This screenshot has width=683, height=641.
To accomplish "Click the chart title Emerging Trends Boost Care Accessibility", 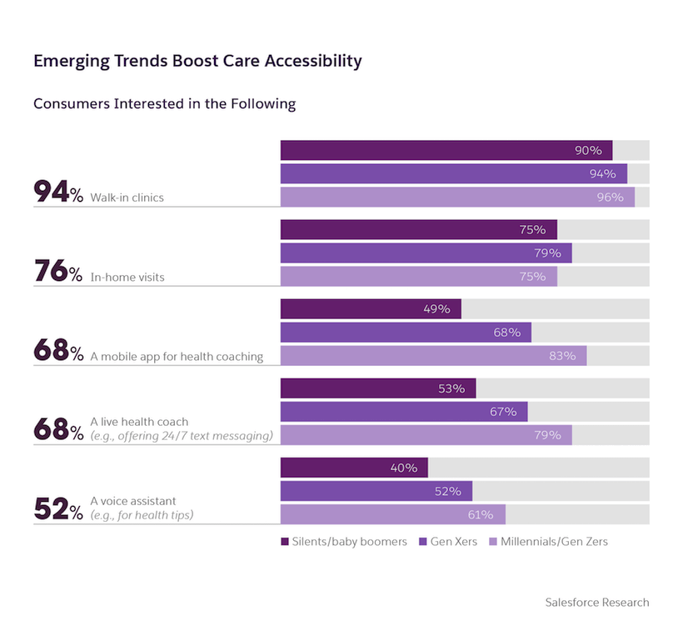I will [x=197, y=61].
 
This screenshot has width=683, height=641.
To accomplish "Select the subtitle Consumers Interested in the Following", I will [x=164, y=104].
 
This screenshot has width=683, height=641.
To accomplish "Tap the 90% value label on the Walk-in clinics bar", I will [x=588, y=150].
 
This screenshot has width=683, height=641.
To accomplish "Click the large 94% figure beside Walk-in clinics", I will [x=58, y=193].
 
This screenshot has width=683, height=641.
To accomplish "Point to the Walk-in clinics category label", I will [x=127, y=198].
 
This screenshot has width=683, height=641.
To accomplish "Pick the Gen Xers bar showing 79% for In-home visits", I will [x=426, y=253].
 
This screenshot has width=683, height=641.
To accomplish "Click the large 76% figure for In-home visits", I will [x=58, y=272].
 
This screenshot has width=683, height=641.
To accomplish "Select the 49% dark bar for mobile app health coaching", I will [x=370, y=308].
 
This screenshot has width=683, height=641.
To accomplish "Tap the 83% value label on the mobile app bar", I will [x=562, y=356].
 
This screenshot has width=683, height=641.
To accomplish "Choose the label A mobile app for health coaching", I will [x=177, y=357].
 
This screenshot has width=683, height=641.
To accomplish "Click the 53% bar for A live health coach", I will [x=377, y=388].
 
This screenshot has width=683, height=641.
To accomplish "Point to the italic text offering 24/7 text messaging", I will [x=182, y=436].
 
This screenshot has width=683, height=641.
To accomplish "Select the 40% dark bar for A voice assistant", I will [x=353, y=468].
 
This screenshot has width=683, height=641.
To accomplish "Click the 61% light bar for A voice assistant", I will [x=392, y=514].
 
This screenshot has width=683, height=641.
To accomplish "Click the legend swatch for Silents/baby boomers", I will [x=285, y=542].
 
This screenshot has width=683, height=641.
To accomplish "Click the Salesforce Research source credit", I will [x=596, y=602].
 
